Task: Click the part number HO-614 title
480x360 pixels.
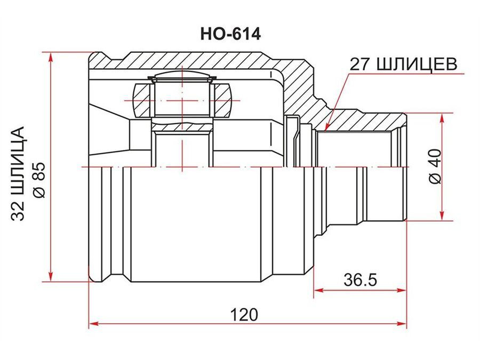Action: pyautogui.click(x=230, y=34)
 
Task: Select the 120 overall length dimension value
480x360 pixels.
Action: pyautogui.click(x=244, y=314)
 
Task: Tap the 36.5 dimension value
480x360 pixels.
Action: pyautogui.click(x=361, y=279)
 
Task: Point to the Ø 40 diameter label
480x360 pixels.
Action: pyautogui.click(x=435, y=166)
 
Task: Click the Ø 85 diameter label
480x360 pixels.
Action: pyautogui.click(x=39, y=180)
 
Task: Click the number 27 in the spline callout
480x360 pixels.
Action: pyautogui.click(x=359, y=65)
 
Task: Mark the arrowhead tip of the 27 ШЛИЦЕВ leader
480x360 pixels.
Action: pyautogui.click(x=325, y=131)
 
